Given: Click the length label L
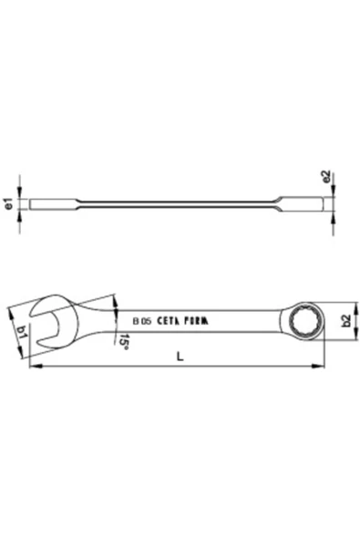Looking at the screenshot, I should click(x=180, y=358).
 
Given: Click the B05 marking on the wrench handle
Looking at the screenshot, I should click(x=141, y=321).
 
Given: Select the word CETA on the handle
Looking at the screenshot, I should click(x=170, y=321).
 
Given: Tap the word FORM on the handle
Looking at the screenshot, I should click(x=200, y=321).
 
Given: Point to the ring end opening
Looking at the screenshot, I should click(x=302, y=320).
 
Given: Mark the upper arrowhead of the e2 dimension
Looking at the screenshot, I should click(x=336, y=193).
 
